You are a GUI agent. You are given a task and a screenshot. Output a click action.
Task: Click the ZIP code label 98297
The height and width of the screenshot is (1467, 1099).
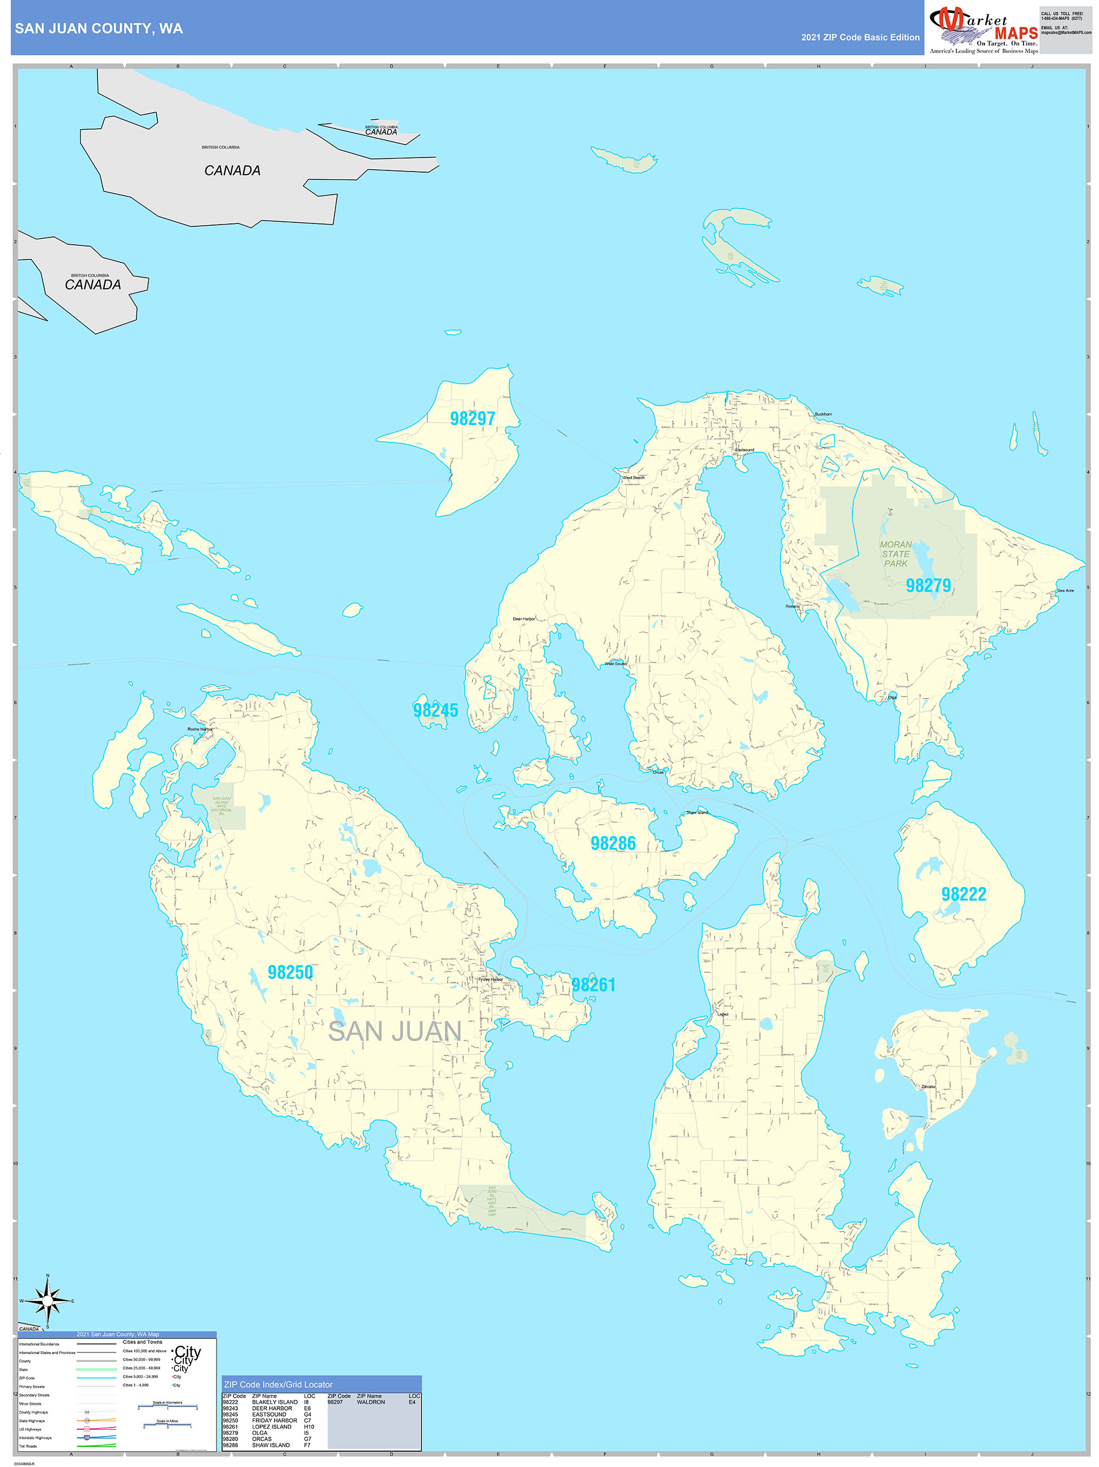472,419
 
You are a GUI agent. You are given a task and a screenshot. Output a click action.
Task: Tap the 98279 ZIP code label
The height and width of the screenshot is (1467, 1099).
928,586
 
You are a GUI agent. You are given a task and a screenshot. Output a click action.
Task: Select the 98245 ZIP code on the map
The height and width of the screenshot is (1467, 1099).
435,710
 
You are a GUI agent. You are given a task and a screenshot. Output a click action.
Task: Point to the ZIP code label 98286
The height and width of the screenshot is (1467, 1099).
613,844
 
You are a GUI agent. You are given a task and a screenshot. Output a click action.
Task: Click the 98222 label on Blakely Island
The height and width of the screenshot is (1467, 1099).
964,894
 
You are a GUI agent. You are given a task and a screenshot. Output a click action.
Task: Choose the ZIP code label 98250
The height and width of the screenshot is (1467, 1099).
290,972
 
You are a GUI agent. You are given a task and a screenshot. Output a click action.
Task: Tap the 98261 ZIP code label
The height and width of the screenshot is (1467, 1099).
594,985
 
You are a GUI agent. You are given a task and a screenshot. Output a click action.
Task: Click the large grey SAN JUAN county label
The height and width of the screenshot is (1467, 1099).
395,1031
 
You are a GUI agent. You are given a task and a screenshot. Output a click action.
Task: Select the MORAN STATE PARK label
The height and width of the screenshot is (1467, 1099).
895,554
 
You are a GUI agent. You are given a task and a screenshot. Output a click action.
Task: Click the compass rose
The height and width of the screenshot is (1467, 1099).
47,1301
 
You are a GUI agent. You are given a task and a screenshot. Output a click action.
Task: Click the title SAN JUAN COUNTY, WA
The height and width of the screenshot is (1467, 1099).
99,29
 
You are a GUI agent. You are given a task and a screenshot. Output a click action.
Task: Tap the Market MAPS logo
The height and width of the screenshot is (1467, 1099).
983,30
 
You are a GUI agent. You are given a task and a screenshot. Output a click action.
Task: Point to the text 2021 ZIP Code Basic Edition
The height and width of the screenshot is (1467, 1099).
860,38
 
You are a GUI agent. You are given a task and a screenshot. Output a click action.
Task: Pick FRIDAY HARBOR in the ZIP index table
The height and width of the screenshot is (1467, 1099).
275,1421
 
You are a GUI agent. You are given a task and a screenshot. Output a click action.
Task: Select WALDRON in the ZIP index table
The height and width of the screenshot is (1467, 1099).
370,1402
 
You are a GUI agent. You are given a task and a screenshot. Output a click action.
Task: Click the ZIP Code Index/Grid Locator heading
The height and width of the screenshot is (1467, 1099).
279,1385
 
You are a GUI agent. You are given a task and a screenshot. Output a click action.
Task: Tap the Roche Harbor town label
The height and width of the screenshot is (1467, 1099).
200,729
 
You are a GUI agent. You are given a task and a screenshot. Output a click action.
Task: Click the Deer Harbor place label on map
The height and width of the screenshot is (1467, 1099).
524,619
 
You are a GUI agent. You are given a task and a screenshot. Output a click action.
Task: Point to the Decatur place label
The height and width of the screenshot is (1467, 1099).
929,1086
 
